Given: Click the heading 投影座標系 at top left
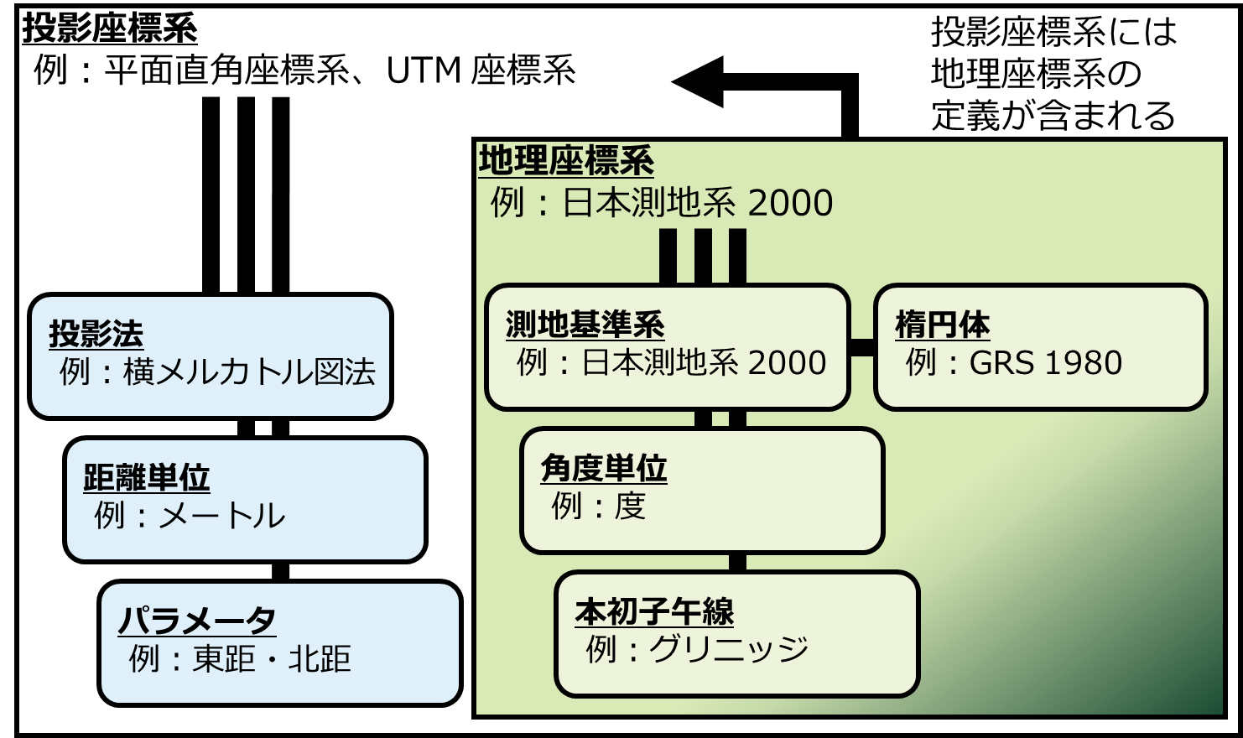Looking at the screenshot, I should tap(110, 29).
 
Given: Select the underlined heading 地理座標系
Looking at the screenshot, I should tap(566, 161).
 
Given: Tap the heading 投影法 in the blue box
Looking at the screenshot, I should tap(96, 334).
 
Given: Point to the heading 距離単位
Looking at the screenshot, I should tap(146, 477).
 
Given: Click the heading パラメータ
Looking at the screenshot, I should tap(197, 621).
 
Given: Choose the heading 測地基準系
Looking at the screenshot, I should tap(585, 325).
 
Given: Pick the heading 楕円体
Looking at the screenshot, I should tap(942, 325).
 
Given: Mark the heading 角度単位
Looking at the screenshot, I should tap(603, 468).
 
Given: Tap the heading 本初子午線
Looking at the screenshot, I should tap(654, 612).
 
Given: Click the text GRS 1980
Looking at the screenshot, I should tap(1045, 363).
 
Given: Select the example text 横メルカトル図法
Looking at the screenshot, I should tap(249, 372).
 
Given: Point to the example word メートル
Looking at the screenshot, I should tap(222, 516).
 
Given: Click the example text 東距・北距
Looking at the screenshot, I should tap(272, 659).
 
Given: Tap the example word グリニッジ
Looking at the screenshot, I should tap(729, 649).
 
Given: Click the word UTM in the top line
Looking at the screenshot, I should tap(424, 70).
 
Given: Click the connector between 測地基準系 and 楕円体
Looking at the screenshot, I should tap(862, 347).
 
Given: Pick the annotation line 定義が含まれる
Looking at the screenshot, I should tap(1053, 116).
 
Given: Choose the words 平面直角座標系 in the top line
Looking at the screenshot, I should tap(226, 70).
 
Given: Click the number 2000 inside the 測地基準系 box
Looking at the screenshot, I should tap(787, 363).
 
